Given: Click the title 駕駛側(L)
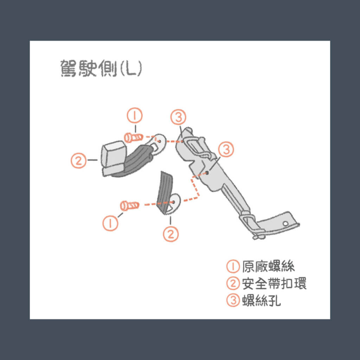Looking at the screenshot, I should click(x=101, y=69).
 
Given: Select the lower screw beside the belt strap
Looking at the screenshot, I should click(x=129, y=205).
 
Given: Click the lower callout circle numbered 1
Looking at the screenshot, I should click(x=111, y=223).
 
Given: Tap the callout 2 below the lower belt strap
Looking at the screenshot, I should click(x=171, y=234).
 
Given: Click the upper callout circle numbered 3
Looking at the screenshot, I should click(x=178, y=117).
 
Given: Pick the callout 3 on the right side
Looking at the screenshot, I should click(x=226, y=150).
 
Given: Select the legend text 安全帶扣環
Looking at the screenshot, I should click(x=274, y=283).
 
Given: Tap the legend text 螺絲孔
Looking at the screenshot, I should click(x=262, y=301).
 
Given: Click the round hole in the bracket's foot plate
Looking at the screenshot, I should click(x=286, y=224).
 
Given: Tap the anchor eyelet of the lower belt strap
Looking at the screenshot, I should click(x=174, y=202).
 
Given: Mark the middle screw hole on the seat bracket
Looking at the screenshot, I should click(x=208, y=172).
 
